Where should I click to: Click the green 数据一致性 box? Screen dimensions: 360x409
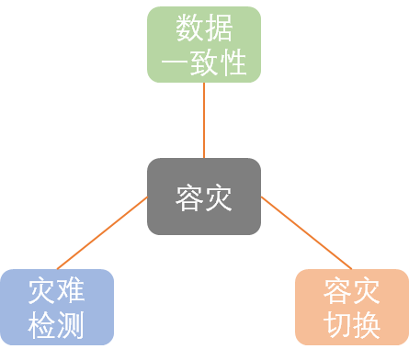point(204,44)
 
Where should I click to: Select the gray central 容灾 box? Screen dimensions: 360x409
point(204,197)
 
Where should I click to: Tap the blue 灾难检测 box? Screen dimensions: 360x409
point(57,307)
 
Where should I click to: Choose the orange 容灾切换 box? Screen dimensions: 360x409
point(352,307)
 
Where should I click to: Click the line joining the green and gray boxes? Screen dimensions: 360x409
point(204,120)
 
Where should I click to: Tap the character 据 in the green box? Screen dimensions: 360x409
point(219,29)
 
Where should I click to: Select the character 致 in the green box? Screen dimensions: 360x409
point(204,62)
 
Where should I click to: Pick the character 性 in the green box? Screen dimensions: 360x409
point(233,62)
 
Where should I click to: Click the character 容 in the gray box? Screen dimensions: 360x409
point(189,197)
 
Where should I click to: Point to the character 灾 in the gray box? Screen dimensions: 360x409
point(219,197)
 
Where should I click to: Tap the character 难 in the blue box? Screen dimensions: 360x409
point(72,291)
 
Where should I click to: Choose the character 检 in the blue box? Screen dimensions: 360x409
point(42,324)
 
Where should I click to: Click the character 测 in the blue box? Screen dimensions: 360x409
point(72,324)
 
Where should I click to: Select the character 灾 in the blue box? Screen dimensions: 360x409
point(42,291)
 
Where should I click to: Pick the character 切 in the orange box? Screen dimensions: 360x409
point(337,324)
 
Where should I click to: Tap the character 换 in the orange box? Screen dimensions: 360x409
point(367,324)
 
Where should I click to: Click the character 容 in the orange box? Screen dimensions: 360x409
point(337,291)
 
